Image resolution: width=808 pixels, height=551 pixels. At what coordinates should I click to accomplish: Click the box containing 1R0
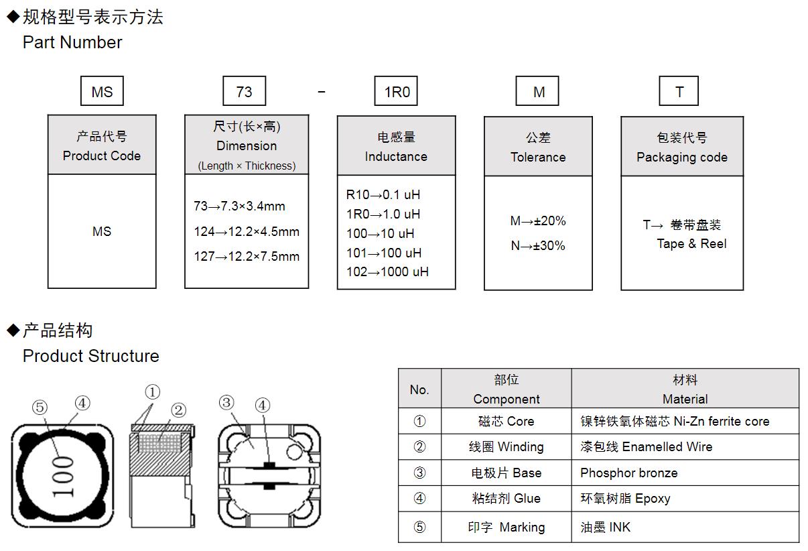tap(396, 91)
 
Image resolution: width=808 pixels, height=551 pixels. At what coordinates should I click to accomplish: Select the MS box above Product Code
tap(102, 91)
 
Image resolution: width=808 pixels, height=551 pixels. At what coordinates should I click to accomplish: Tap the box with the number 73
tap(244, 91)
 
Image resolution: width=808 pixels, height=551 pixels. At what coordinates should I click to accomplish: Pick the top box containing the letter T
tap(679, 91)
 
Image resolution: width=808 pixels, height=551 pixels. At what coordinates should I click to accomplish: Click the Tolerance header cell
tap(538, 147)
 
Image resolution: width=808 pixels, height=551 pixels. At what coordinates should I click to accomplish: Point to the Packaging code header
tap(682, 147)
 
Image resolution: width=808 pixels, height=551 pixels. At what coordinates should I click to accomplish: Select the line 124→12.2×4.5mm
tap(247, 231)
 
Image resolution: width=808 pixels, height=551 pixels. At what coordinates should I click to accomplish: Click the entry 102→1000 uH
tap(387, 271)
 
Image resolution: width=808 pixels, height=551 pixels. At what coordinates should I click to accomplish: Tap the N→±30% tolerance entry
tap(538, 245)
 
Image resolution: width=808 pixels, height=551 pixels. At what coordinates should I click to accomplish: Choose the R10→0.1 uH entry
tap(383, 194)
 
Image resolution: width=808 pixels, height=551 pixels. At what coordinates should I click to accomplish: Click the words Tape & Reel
tap(691, 243)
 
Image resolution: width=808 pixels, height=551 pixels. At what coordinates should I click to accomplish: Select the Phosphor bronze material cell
tap(628, 473)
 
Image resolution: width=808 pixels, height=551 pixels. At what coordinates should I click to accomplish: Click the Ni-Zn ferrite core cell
tap(675, 421)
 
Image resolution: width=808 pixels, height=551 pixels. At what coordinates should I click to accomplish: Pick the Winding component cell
tap(506, 446)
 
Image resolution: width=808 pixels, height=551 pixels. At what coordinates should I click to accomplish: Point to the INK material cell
tap(605, 527)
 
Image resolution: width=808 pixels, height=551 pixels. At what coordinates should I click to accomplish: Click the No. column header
tap(419, 389)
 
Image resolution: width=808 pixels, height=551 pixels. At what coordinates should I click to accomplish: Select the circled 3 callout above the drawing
tap(226, 402)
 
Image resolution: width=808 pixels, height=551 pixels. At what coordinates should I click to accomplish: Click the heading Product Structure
tap(91, 356)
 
